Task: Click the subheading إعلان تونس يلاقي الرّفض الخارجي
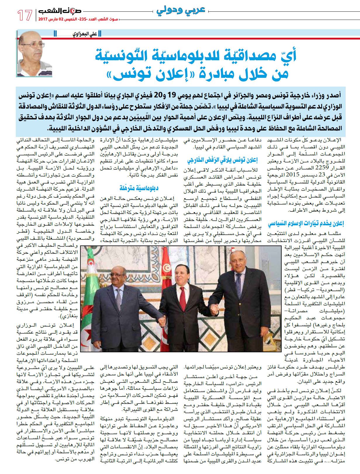click(x=222, y=160)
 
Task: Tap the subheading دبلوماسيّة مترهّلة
click(x=139, y=188)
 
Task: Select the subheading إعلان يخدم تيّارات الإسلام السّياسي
click(x=306, y=224)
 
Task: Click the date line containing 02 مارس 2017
click(x=78, y=19)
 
